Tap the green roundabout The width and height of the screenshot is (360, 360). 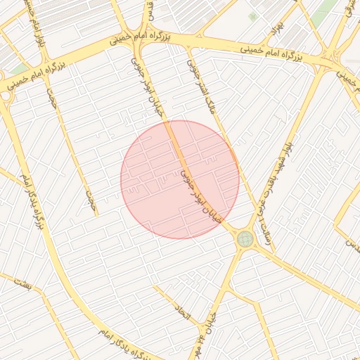coord(245,239)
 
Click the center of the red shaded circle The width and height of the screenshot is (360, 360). coord(180,179)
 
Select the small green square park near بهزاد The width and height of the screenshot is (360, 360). coord(252,16)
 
